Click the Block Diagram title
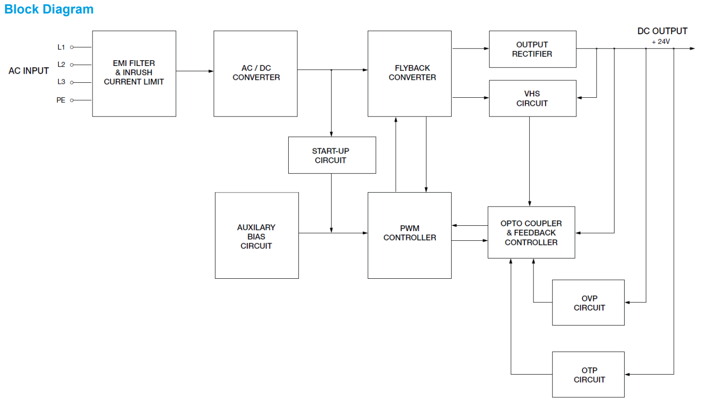click(49, 9)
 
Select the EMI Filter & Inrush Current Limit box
click(134, 73)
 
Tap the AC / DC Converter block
click(255, 73)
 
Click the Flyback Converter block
click(410, 73)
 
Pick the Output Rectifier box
click(532, 49)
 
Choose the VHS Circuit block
click(532, 98)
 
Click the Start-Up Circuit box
click(332, 155)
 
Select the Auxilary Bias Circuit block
click(256, 236)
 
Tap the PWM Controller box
click(410, 235)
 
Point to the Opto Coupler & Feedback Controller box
click(531, 233)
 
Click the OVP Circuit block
click(588, 303)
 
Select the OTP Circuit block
click(588, 375)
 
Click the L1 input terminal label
click(61, 47)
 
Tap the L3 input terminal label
click(61, 82)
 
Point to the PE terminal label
click(61, 100)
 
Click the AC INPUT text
click(29, 71)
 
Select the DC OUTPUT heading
click(662, 31)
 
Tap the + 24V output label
click(661, 42)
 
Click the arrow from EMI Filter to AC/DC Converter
click(195, 71)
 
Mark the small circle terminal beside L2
click(72, 65)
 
